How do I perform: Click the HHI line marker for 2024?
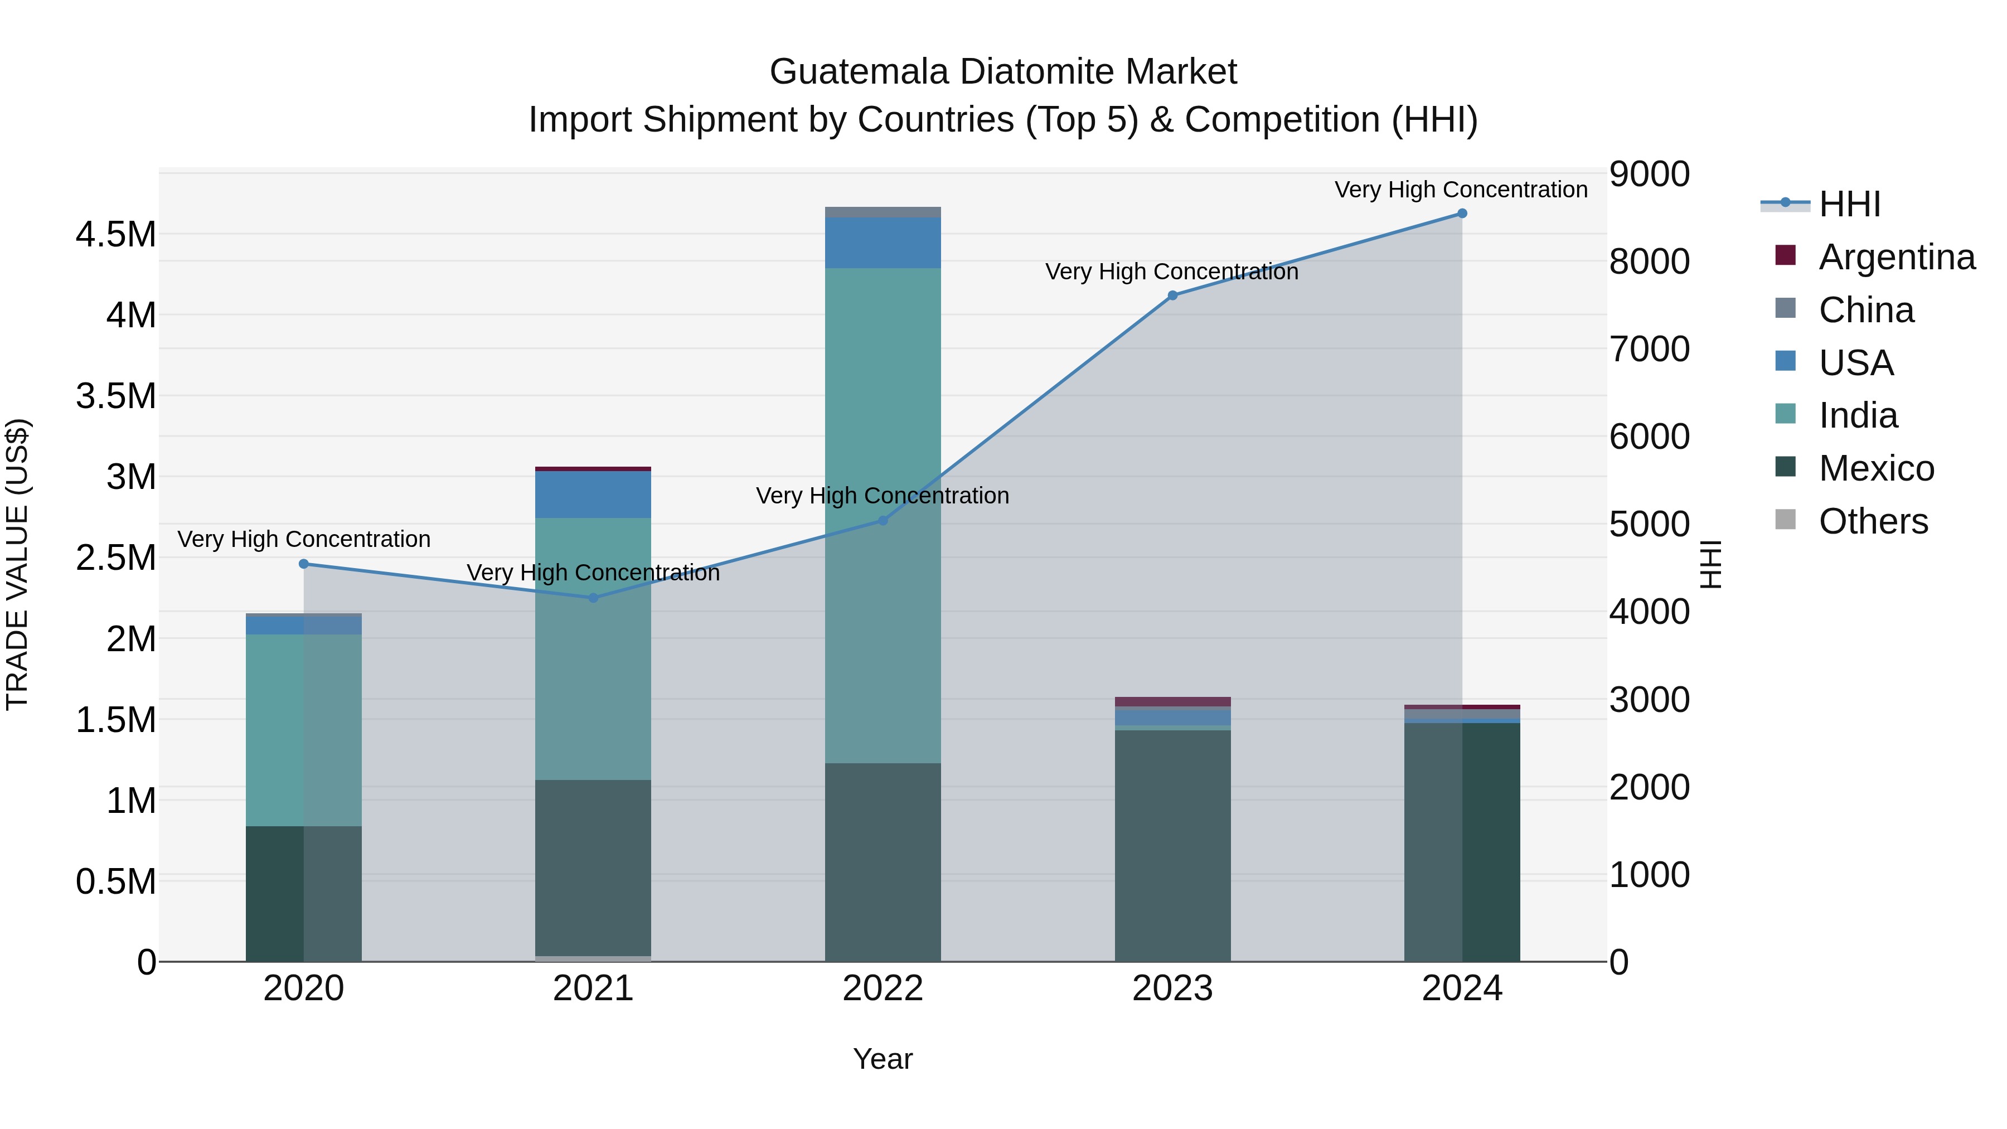[1462, 214]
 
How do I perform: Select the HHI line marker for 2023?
[1172, 295]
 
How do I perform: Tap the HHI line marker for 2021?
[593, 598]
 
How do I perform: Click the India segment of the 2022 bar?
[883, 514]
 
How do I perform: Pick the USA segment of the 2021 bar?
[593, 495]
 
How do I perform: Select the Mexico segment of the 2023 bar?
[1172, 845]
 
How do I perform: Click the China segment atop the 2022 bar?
[883, 212]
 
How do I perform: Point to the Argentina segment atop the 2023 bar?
[1172, 701]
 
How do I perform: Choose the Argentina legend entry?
[1897, 257]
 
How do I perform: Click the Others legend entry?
[1873, 521]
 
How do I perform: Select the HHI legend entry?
[1850, 204]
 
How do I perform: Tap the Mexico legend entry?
[1876, 468]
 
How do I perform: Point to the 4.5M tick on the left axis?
[116, 235]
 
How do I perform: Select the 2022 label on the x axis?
[883, 989]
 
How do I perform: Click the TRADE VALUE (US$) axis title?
[17, 564]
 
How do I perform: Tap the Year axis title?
[883, 1059]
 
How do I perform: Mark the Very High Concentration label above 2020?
[304, 539]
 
